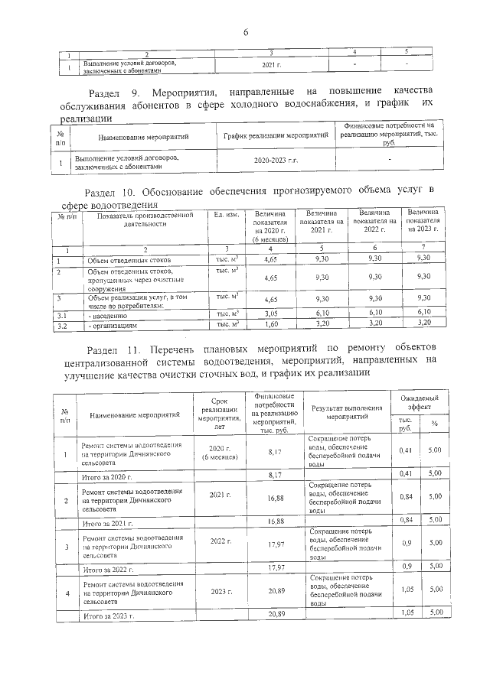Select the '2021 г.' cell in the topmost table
click(272, 67)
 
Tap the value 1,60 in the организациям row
click(269, 325)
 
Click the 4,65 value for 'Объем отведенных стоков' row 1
click(269, 261)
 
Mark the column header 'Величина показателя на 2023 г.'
click(423, 220)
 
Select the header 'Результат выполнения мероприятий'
click(348, 414)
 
